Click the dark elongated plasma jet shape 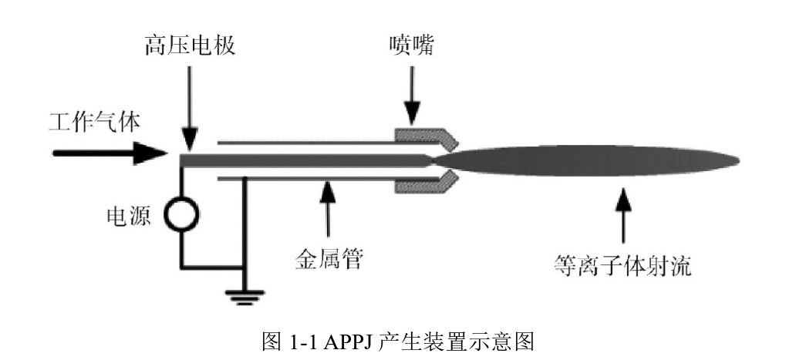click(586, 160)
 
